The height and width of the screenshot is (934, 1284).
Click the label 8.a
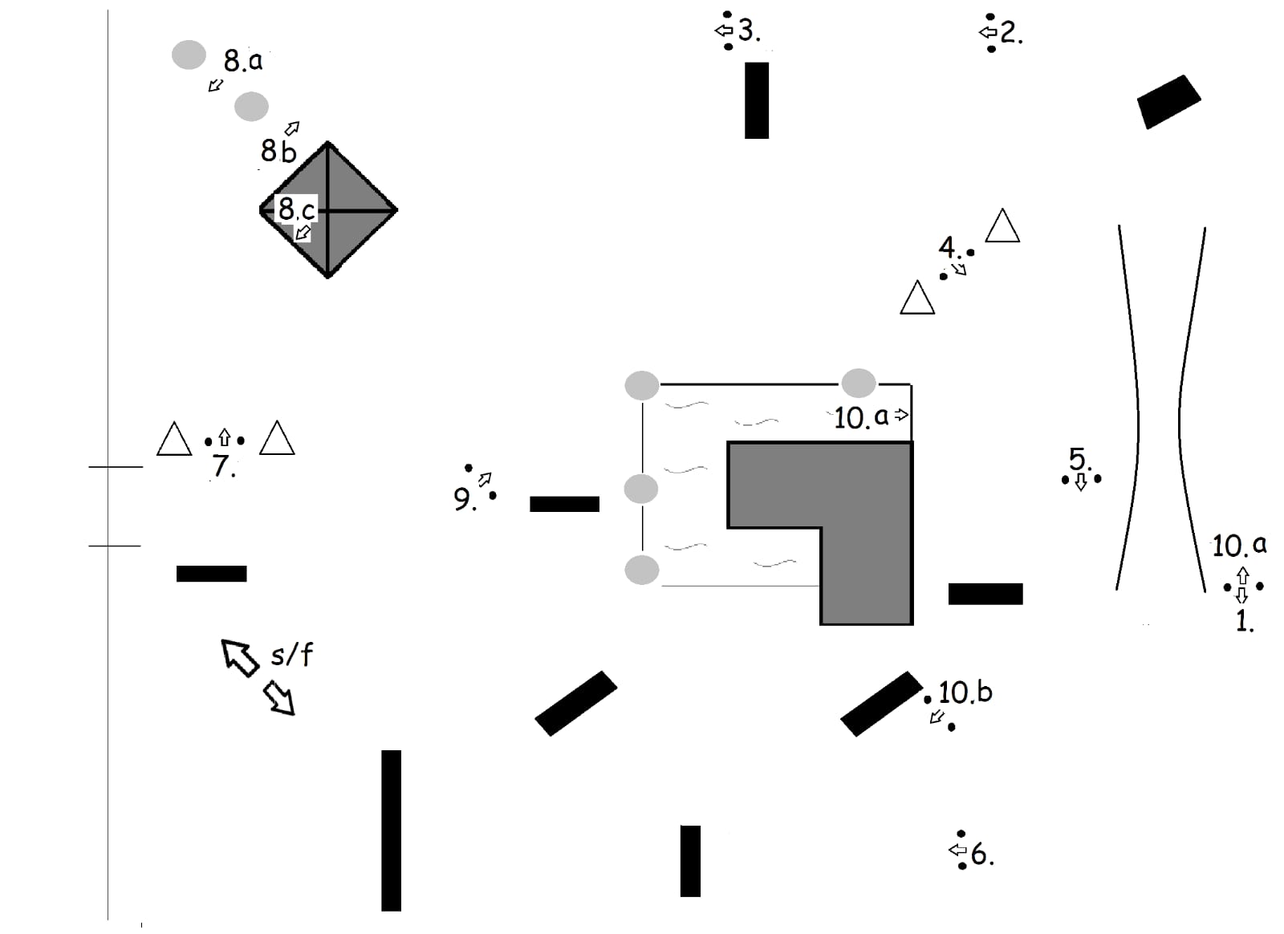(242, 60)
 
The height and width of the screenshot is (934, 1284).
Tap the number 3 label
(748, 31)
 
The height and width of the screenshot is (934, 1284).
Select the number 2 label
(1010, 33)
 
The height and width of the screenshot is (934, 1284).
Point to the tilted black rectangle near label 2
(1168, 101)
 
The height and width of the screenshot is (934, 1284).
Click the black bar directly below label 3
(756, 100)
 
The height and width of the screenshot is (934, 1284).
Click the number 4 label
(949, 246)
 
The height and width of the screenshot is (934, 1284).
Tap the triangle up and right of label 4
(1002, 227)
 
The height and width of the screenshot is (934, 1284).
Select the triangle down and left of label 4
(917, 298)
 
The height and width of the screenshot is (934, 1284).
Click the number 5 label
(1079, 460)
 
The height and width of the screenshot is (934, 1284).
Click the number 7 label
(223, 466)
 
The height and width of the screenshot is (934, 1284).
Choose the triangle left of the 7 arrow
(174, 440)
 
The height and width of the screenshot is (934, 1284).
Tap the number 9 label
(463, 499)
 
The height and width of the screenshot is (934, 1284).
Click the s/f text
(291, 655)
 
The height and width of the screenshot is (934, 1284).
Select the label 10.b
(965, 692)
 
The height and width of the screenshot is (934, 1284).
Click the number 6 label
(981, 855)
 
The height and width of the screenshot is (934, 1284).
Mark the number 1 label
(1244, 620)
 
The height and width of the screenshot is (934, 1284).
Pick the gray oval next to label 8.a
(189, 55)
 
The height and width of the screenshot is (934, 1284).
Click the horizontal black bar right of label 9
(564, 504)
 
